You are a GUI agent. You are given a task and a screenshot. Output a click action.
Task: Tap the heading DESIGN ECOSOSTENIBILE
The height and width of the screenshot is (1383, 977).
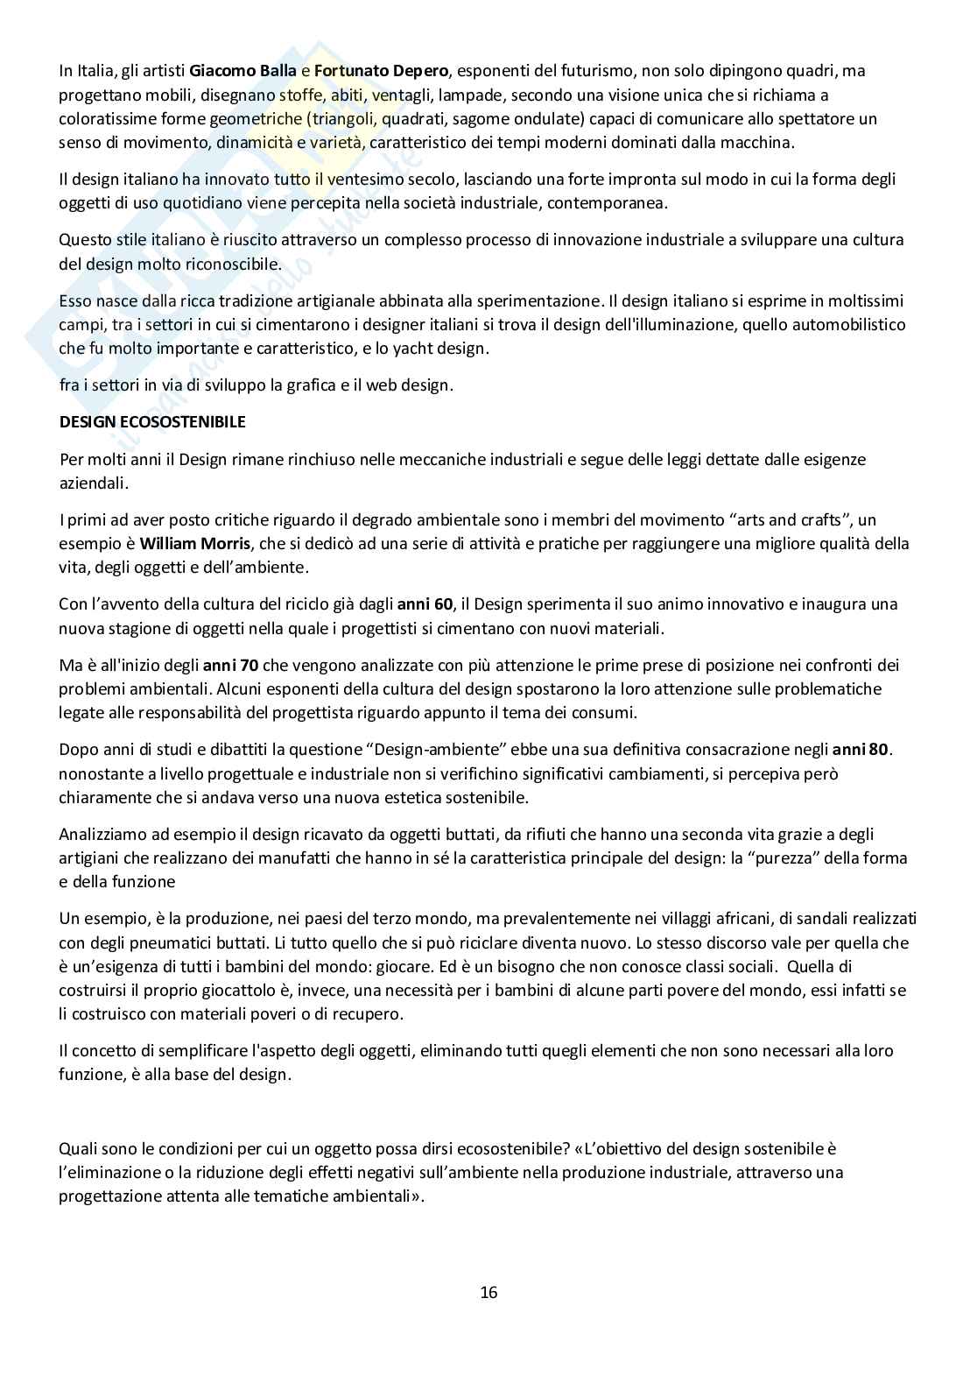pos(152,421)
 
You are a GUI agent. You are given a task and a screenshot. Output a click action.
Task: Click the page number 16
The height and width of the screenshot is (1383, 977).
pos(488,1292)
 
